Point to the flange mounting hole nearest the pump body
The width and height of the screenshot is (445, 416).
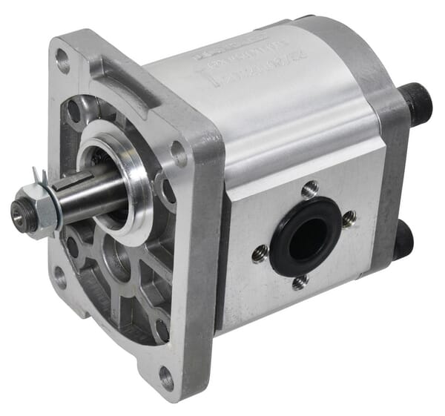[179, 153]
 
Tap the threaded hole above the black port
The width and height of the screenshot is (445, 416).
[310, 189]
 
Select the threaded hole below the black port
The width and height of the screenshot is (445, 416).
[299, 282]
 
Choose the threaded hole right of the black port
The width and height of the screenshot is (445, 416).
[349, 218]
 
